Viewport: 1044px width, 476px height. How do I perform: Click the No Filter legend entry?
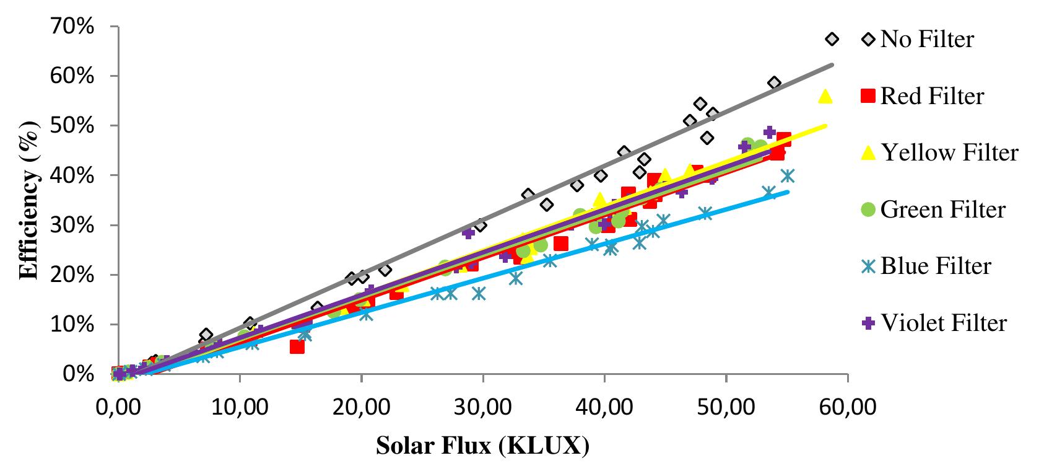(x=926, y=39)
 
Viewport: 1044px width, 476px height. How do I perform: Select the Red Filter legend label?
(x=931, y=96)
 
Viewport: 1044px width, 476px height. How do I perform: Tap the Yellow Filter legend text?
(x=949, y=152)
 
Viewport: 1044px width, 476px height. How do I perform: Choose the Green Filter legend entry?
(x=942, y=209)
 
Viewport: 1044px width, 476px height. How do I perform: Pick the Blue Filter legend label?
(x=935, y=266)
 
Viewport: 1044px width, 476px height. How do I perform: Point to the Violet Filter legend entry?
(x=944, y=323)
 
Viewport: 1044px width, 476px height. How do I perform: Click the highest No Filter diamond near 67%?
(x=832, y=40)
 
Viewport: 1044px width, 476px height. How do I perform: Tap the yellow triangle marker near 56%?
(x=825, y=96)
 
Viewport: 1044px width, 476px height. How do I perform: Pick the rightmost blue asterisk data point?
(x=788, y=176)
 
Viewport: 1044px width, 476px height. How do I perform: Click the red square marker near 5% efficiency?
(x=297, y=346)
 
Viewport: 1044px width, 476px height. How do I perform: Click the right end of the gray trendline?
(x=832, y=64)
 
